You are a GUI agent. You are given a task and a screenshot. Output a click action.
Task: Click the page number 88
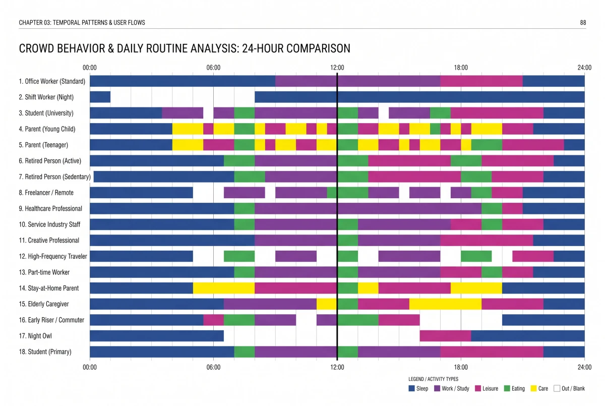coord(583,22)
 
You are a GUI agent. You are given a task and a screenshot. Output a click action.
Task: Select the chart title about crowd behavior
coord(185,48)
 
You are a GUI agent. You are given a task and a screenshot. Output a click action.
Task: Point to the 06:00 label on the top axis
coord(213,68)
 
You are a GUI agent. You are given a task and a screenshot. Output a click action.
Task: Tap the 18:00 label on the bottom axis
coord(461,367)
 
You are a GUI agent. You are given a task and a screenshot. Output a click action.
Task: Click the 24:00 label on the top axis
coord(584,68)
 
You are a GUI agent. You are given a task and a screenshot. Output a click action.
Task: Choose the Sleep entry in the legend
coord(418,388)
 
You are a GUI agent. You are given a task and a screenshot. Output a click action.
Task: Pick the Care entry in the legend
coord(539,388)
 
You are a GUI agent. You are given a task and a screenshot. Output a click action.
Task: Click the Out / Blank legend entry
coord(569,388)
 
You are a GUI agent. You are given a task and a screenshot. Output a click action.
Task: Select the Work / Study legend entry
coord(452,388)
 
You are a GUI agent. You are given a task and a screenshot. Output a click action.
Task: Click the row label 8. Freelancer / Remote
coord(46,193)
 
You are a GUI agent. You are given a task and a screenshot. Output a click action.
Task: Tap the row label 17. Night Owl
coord(35,336)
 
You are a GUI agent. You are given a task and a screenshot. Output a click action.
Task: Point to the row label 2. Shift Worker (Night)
coord(46,97)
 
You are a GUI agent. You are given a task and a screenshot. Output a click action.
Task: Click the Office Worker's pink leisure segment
coord(481,81)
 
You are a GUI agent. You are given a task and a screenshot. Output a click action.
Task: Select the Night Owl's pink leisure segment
coord(445,336)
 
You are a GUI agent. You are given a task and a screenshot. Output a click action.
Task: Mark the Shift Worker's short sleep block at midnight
coord(100,97)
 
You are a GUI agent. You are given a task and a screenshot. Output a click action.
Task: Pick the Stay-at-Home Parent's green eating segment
coord(348,288)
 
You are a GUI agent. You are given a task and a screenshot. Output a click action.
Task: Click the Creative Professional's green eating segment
coord(348,240)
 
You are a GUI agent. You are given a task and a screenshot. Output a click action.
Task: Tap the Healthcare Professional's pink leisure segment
coord(512,208)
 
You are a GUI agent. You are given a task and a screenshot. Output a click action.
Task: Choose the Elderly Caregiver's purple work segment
coord(270,304)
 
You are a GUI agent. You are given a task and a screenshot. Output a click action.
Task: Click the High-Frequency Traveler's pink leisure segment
coord(533,256)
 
